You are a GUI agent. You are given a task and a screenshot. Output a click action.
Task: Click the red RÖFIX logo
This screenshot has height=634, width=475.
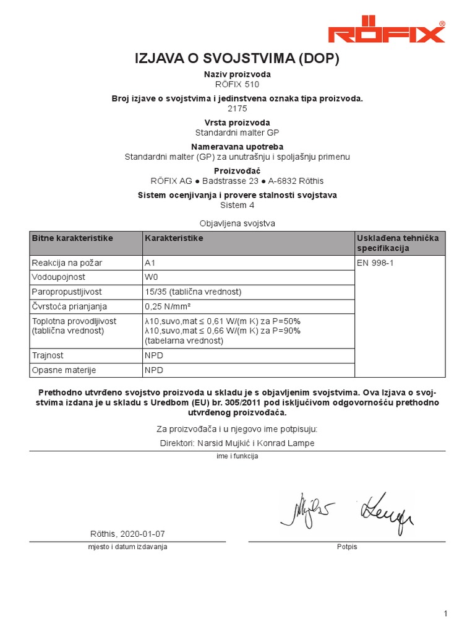[386, 32]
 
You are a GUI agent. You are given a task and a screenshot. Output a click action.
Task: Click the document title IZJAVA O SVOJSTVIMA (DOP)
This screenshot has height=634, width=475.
[237, 59]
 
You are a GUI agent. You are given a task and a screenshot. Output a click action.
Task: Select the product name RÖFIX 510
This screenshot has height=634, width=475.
[237, 84]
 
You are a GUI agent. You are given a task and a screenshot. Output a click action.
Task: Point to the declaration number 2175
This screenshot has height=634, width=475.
[237, 108]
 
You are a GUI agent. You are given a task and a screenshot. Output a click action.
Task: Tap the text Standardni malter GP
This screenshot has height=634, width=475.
[237, 132]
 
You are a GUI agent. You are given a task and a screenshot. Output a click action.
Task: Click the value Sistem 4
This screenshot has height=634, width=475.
[237, 205]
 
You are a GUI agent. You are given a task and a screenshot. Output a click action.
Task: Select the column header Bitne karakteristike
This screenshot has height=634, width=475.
[72, 238]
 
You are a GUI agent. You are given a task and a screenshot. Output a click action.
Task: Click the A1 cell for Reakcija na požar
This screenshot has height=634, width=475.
[150, 263]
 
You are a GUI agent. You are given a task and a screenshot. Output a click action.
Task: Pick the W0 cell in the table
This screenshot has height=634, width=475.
[152, 277]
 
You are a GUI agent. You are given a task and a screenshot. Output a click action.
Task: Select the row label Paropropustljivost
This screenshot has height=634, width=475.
[67, 292]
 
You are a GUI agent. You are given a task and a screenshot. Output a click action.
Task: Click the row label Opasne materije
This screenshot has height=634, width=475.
[64, 370]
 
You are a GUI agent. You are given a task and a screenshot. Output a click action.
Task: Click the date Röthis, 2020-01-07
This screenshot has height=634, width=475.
[128, 534]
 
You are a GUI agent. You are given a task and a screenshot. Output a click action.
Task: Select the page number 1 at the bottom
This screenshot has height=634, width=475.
[445, 614]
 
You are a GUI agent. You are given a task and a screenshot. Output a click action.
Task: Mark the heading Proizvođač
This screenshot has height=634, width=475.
[237, 170]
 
